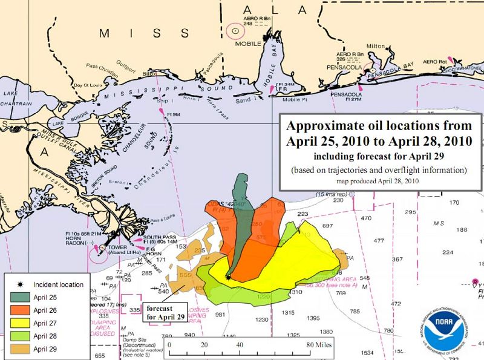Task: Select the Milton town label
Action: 376,45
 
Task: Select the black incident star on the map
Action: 227,278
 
